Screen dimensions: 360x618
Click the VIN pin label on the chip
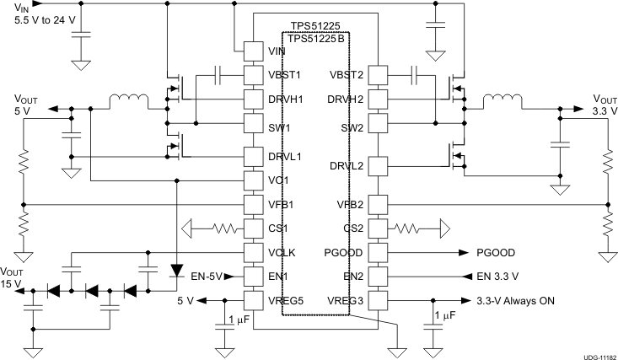(277, 51)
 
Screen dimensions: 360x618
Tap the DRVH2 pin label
(347, 99)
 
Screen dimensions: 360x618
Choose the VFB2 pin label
(350, 204)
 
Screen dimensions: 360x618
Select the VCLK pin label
(282, 251)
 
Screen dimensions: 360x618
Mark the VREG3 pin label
(347, 299)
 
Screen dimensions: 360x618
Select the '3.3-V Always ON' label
(514, 300)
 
